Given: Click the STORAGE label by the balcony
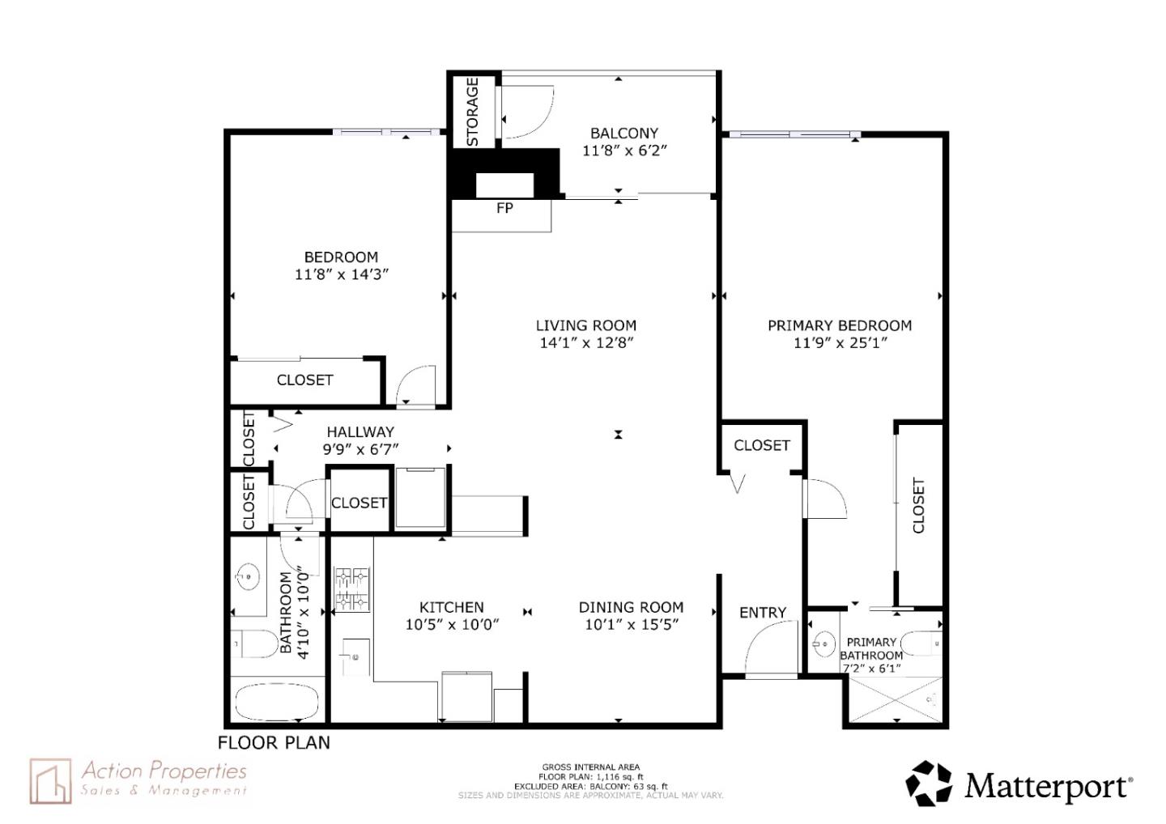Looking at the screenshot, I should [472, 112].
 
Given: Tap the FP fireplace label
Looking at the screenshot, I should [504, 208].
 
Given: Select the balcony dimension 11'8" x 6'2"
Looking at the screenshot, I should [624, 151].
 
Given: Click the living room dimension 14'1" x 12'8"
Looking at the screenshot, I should [586, 342].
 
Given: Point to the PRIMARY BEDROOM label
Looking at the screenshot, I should [840, 325].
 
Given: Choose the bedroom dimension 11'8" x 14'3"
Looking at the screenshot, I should [342, 274].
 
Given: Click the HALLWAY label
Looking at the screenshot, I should [360, 431].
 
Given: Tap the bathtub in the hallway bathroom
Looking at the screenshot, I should [276, 702].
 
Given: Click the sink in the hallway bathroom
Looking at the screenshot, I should [248, 577].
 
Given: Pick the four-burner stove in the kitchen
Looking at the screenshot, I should [352, 589].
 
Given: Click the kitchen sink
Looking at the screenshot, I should [355, 656].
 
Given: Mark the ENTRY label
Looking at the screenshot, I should [763, 613].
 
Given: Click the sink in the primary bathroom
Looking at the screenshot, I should [823, 644].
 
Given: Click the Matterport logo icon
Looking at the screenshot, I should [929, 784].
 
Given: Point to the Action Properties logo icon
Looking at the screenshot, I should [51, 781].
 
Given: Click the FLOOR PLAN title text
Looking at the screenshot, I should [274, 742].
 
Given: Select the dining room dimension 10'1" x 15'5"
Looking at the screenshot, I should [632, 624].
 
